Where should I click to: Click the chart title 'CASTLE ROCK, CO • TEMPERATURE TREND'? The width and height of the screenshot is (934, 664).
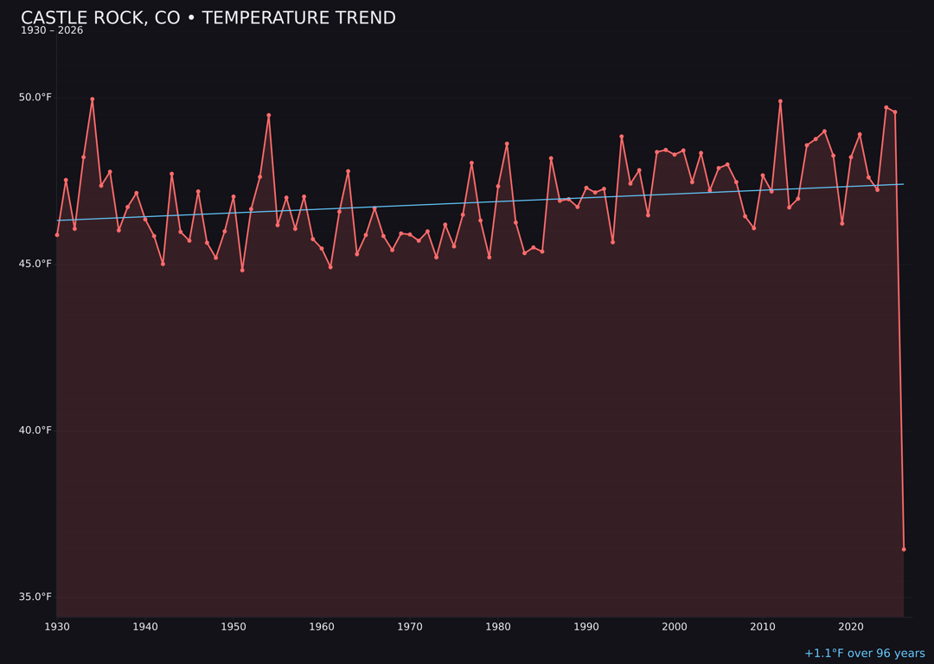coord(208,18)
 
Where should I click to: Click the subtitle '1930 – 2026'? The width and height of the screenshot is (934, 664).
coord(52,31)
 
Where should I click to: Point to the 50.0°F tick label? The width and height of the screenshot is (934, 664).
coord(35,98)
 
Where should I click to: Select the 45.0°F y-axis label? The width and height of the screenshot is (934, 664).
coord(35,264)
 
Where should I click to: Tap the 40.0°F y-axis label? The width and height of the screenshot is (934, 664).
coord(35,431)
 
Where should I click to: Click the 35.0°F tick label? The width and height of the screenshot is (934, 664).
coord(35,597)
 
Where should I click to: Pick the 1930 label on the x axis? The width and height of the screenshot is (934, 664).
coord(57,627)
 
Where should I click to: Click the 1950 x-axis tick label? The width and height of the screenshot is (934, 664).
coord(233,627)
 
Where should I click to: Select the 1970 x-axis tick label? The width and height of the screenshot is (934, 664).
coord(410,627)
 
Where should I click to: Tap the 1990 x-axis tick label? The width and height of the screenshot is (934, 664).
coord(586,627)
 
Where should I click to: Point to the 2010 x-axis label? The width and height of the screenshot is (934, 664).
coord(763,627)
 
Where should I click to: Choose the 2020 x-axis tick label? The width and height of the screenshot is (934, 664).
coord(851,627)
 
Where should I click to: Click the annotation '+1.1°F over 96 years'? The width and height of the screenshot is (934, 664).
coord(864,654)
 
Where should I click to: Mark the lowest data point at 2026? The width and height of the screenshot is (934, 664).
coord(904,549)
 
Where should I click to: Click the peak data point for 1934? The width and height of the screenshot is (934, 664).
coord(93,99)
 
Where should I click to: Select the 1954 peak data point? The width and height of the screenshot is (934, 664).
coord(269,115)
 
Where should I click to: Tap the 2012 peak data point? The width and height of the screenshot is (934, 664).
coord(780,101)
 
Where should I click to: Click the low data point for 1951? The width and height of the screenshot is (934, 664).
coord(242,270)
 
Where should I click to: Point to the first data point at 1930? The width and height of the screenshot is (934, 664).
coord(57,234)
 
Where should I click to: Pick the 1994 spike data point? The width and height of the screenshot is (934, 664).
coord(622,137)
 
